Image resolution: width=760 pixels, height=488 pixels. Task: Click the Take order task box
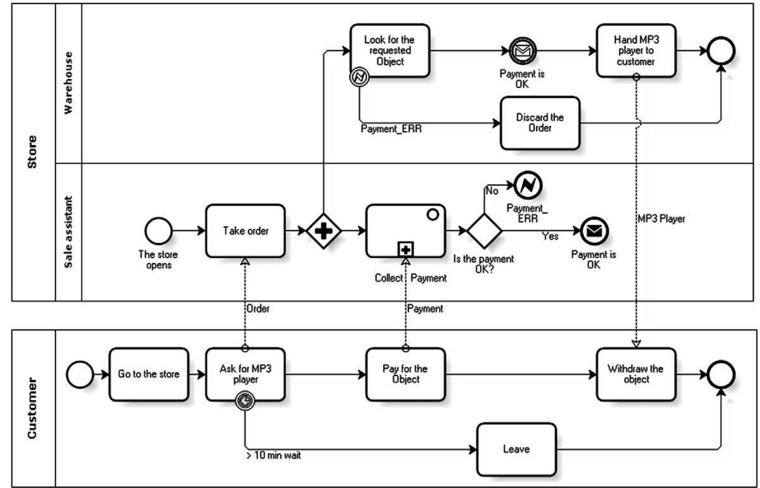point(245,231)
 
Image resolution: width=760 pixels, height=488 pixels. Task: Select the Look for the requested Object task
point(390,50)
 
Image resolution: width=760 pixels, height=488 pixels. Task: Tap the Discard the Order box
point(540,123)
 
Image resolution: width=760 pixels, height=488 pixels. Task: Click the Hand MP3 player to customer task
point(636,50)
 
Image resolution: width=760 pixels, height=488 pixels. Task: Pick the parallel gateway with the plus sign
point(323,231)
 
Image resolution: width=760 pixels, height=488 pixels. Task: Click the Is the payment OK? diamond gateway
point(484,231)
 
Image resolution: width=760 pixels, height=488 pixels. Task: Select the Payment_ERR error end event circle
point(528,185)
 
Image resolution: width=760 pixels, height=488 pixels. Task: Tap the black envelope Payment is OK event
point(594,231)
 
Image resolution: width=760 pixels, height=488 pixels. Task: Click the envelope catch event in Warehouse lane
point(522,51)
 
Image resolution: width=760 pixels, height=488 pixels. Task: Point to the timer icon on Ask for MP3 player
point(245,400)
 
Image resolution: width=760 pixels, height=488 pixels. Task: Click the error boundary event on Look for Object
point(359,77)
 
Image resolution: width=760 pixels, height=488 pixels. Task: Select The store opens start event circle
point(158,231)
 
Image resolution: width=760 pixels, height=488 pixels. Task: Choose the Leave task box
point(516,449)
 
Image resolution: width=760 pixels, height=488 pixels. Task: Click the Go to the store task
point(149,374)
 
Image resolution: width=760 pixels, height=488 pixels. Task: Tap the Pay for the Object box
point(405,374)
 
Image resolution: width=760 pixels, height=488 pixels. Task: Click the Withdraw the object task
point(636,374)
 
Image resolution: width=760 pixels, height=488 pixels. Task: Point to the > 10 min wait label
point(274,455)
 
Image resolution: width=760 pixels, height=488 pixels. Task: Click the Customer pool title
point(32,408)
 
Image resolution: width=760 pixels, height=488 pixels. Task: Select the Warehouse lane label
point(68,83)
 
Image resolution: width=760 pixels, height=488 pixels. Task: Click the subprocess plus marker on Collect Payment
point(405,250)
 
